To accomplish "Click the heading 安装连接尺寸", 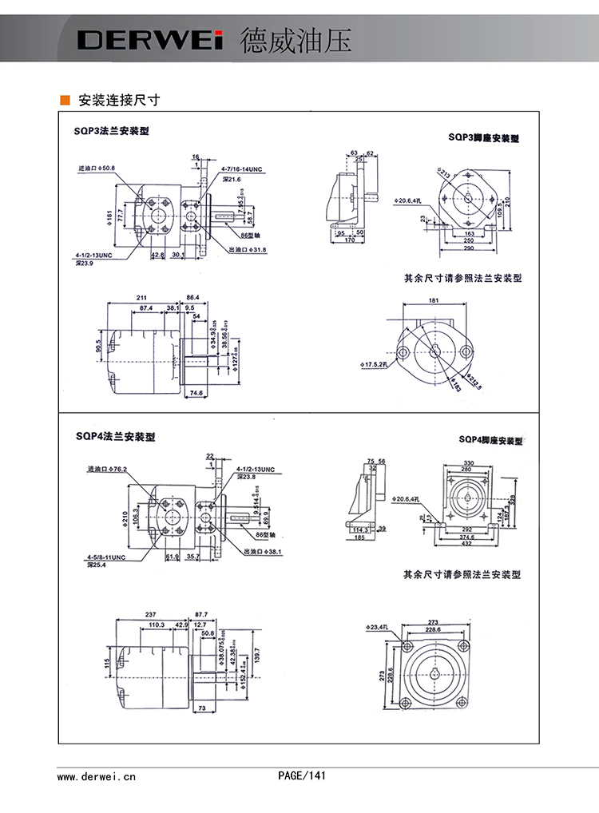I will pyautogui.click(x=119, y=101).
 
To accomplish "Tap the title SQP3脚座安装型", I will pyautogui.click(x=483, y=138).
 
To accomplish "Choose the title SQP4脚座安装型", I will pyautogui.click(x=490, y=440).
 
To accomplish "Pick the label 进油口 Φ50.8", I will pyautogui.click(x=97, y=169).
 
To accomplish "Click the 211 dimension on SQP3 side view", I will pyautogui.click(x=142, y=297).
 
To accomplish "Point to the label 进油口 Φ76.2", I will pyautogui.click(x=108, y=470).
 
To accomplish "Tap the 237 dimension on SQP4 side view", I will pyautogui.click(x=150, y=614).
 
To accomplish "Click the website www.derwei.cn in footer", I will pyautogui.click(x=97, y=775).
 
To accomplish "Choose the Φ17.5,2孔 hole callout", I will pyautogui.click(x=375, y=364).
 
